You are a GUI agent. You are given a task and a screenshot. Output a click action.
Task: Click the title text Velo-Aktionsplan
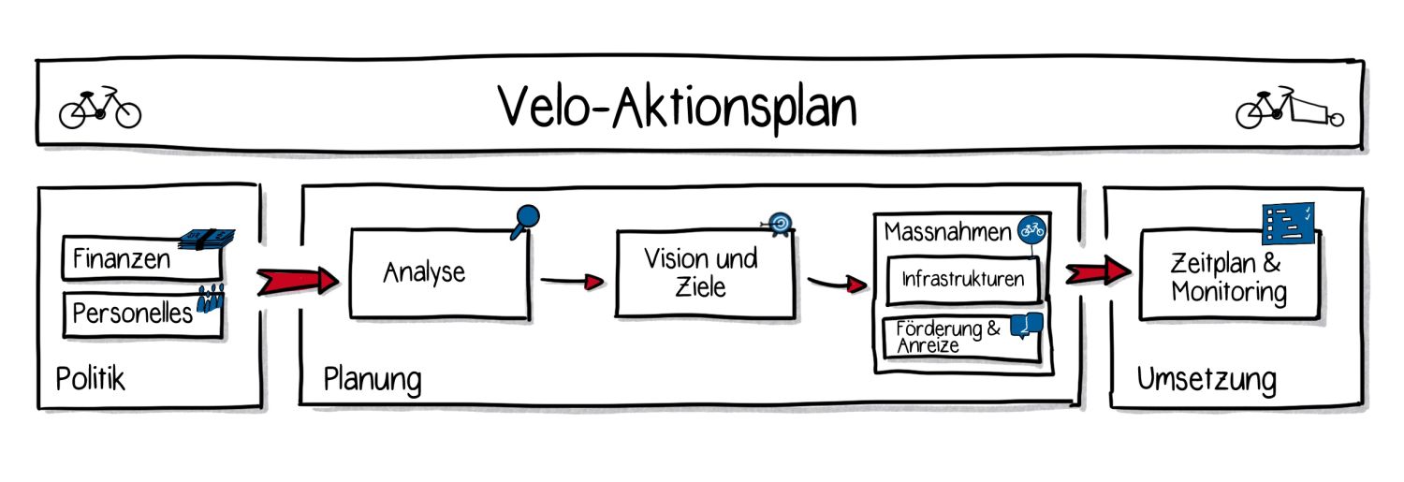point(677,107)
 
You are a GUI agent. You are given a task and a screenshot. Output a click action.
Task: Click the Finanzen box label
point(123,258)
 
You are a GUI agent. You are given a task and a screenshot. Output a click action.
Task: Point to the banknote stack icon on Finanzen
point(207,239)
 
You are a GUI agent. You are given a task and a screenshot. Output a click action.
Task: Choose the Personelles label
point(133,313)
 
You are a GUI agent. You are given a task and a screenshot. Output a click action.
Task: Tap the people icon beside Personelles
point(212,300)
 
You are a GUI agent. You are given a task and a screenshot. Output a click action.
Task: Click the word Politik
point(91,379)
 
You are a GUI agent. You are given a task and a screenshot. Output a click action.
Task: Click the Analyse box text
point(424,272)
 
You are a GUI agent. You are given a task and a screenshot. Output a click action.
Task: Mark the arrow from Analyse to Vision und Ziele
point(571,280)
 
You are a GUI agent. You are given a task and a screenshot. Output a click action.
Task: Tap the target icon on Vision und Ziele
point(779,223)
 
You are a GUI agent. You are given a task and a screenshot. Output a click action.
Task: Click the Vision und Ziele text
point(700,272)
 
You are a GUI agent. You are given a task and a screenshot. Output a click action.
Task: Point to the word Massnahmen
point(947,231)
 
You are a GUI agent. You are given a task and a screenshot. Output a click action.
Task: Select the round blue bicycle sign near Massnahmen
point(1032,229)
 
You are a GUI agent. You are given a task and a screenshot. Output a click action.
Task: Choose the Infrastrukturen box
point(962,279)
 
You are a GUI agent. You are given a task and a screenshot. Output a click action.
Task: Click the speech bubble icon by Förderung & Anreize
point(1028,326)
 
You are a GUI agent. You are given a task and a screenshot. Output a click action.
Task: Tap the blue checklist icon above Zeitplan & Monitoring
point(1289,223)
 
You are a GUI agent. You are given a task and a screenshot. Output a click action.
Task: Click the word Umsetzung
point(1207,379)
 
